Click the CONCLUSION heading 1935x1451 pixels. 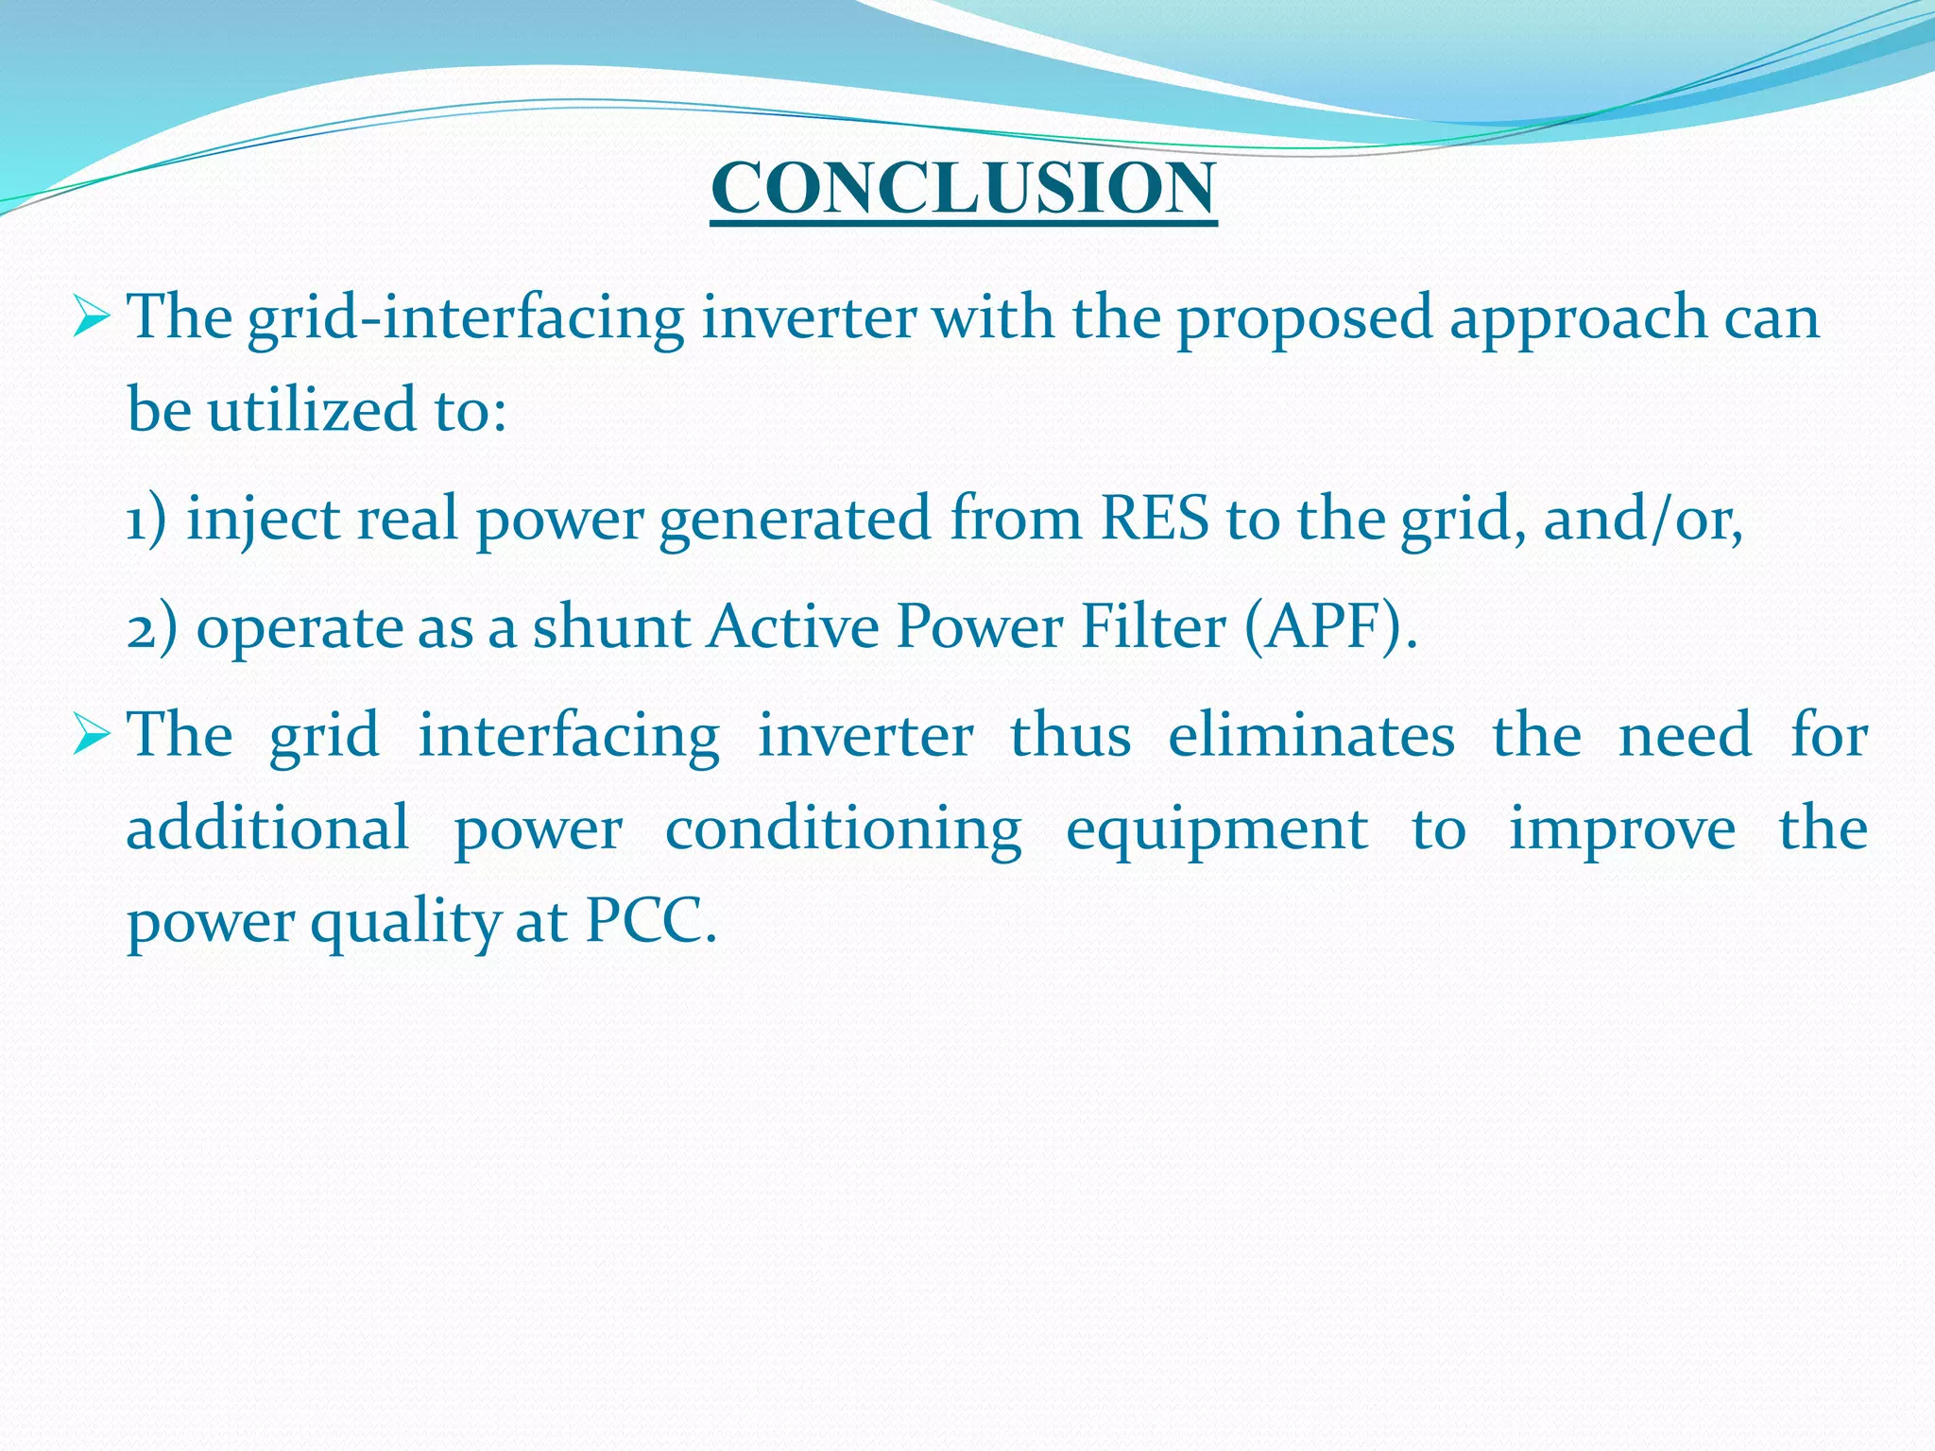pyautogui.click(x=964, y=188)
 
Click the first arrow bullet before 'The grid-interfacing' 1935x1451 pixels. pyautogui.click(x=92, y=317)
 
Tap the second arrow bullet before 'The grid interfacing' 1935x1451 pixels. pyautogui.click(x=92, y=736)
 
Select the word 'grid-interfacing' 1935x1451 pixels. pyautogui.click(x=466, y=317)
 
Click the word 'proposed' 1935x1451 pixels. pyautogui.click(x=1305, y=317)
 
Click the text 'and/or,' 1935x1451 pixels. pyautogui.click(x=1643, y=520)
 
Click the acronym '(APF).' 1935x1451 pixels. pyautogui.click(x=1331, y=627)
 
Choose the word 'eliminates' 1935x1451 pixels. pyautogui.click(x=1311, y=735)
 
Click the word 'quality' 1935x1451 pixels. pyautogui.click(x=405, y=922)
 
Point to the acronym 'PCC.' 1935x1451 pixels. pyautogui.click(x=651, y=920)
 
